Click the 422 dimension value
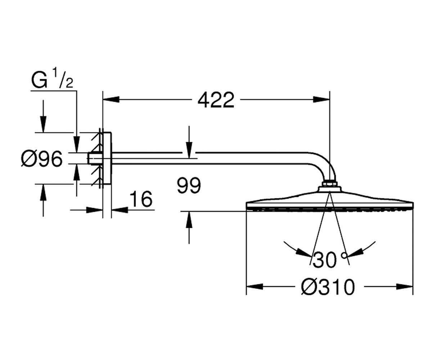tap(216, 100)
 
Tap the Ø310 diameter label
tap(328, 287)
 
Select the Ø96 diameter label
tap(42, 159)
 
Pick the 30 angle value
tap(324, 260)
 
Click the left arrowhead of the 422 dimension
tap(111, 99)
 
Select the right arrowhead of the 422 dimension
tap(321, 99)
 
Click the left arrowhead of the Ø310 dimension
tap(255, 287)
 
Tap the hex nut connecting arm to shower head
tap(330, 184)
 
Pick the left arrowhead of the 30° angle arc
tap(304, 252)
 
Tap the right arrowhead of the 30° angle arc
tap(355, 252)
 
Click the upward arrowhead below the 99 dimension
tap(189, 220)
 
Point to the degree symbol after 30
tap(344, 255)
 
